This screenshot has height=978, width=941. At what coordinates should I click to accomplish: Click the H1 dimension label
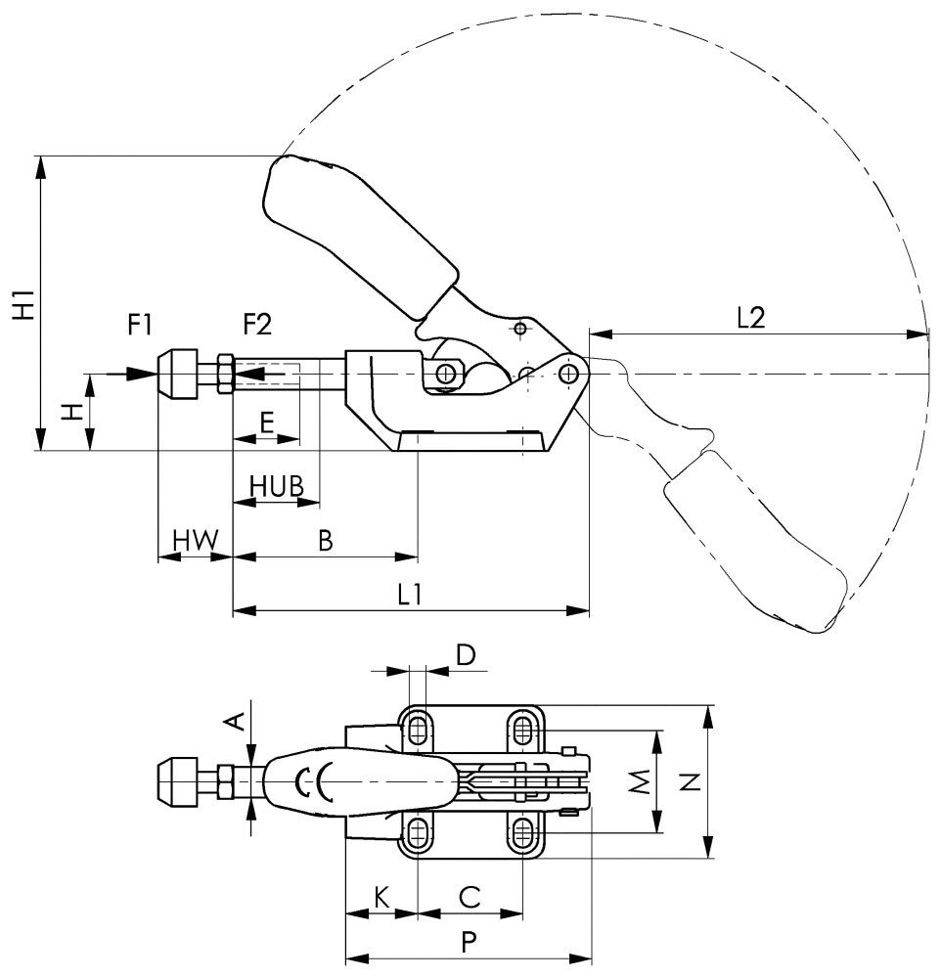point(23,305)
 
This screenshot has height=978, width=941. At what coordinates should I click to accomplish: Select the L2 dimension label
point(749,318)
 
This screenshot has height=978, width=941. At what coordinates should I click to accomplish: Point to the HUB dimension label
point(276,486)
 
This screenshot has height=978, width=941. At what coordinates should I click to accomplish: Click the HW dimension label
point(195,540)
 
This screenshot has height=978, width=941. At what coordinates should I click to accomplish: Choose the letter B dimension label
point(327,539)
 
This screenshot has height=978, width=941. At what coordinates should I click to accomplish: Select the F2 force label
point(257,323)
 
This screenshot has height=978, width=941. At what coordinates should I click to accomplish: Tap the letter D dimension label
point(467,654)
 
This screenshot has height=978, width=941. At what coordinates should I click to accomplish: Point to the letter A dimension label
point(233,722)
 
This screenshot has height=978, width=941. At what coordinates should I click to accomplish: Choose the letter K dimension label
point(381,895)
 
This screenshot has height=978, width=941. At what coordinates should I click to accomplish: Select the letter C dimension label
point(470,895)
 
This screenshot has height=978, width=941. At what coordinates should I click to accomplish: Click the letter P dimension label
point(469,941)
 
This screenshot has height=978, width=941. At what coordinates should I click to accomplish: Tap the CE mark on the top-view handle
point(315,782)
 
